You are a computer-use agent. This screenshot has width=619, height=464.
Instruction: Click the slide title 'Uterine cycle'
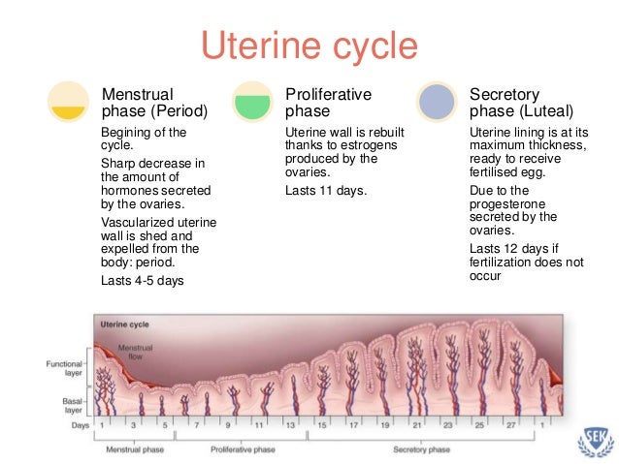(309, 46)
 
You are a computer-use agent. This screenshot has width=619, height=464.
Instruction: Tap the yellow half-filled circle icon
(69, 102)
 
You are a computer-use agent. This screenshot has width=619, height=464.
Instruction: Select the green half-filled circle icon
(251, 102)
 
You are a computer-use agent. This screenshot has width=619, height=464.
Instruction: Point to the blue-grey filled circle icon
(436, 102)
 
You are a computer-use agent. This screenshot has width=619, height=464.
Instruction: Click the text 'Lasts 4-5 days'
(143, 281)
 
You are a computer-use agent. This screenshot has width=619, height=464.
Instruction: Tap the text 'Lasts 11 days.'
(326, 190)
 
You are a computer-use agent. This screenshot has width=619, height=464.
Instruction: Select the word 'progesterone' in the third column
(508, 204)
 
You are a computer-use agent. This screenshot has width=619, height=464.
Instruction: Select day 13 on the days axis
(290, 425)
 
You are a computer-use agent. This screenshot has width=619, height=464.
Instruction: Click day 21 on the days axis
(416, 425)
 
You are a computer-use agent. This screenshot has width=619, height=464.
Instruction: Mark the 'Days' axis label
(80, 425)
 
